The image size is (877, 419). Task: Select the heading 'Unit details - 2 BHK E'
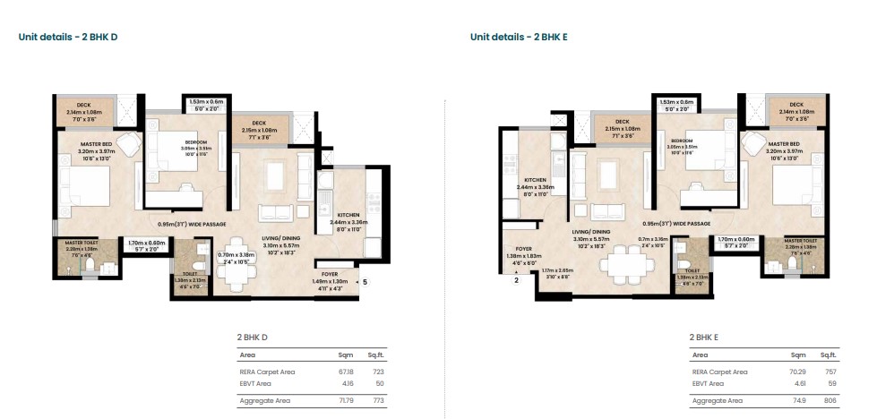pos(520,37)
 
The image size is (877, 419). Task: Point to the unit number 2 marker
pos(516,280)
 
